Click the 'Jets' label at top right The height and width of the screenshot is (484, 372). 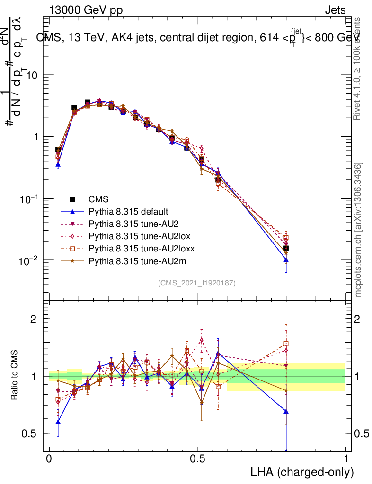[x=335, y=10]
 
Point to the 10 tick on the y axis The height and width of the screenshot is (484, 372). [x=32, y=75]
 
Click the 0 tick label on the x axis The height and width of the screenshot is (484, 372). [x=49, y=459]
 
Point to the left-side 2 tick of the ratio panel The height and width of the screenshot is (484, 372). [x=34, y=319]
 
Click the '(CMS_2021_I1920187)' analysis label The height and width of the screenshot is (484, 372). [x=197, y=283]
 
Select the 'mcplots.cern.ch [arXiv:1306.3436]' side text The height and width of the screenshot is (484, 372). [x=358, y=230]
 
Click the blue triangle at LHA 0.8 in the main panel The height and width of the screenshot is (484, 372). [x=286, y=260]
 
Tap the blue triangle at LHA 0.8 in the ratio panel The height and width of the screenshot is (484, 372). [x=286, y=412]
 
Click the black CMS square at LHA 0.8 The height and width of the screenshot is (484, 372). [x=286, y=248]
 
